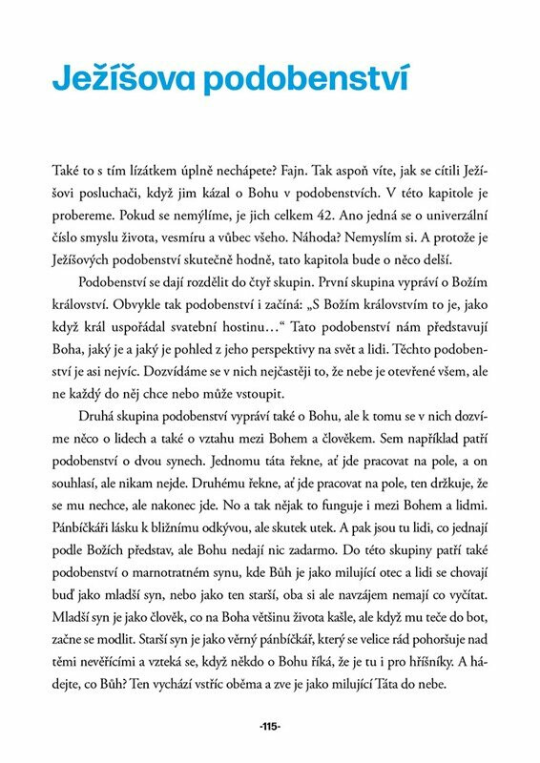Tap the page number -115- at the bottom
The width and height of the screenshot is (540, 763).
pyautogui.click(x=269, y=727)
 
